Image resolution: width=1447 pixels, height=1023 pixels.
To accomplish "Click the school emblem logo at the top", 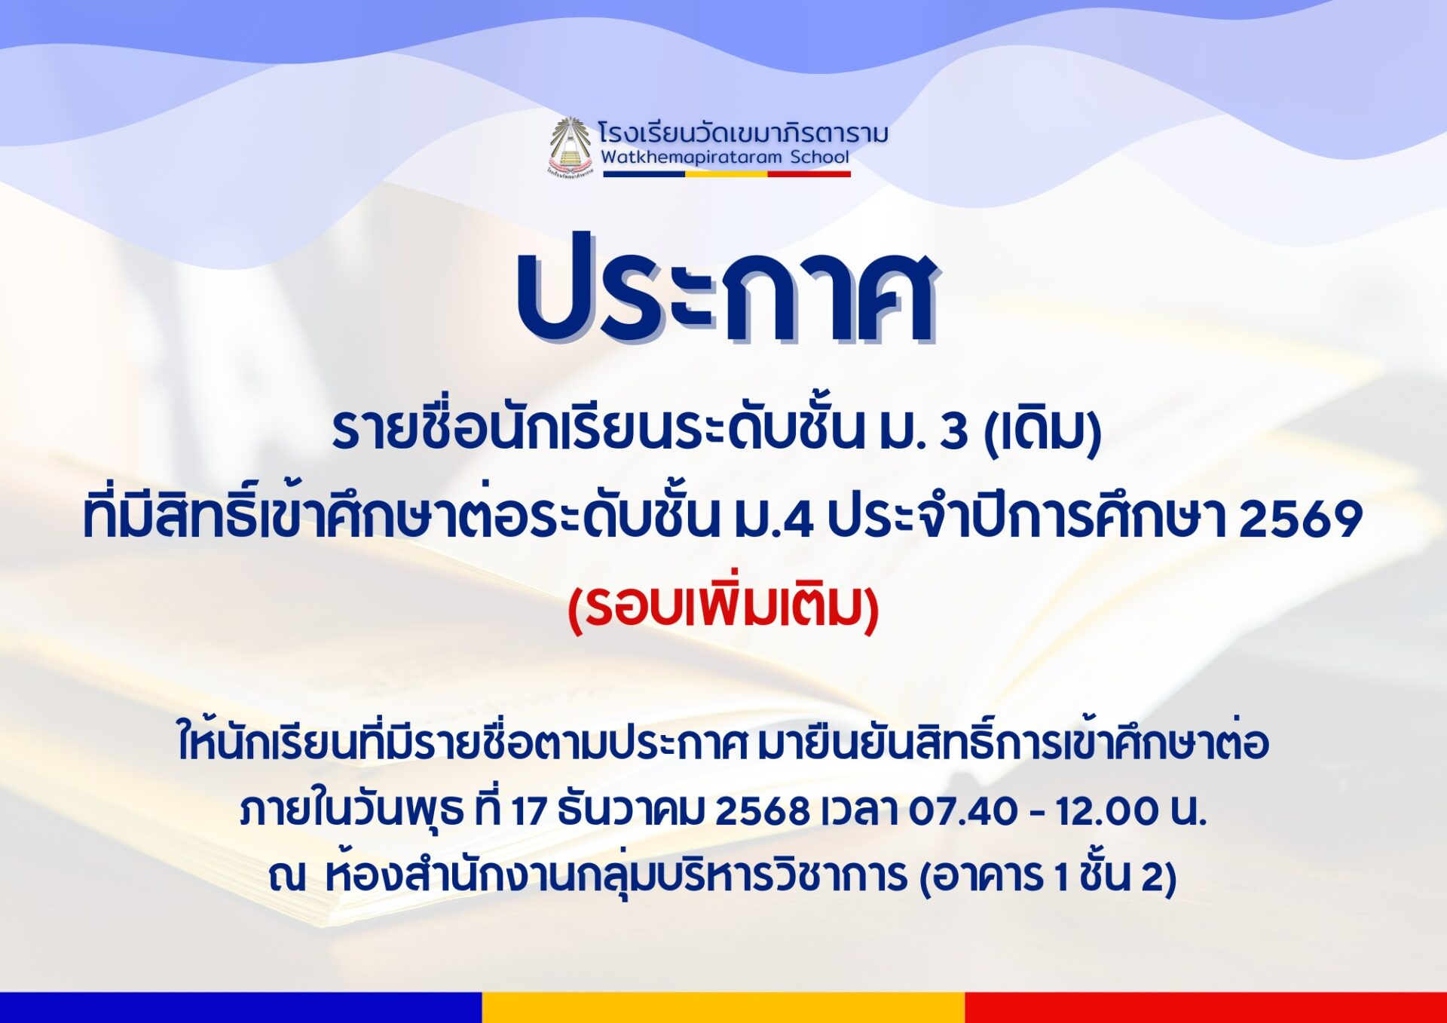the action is (570, 147).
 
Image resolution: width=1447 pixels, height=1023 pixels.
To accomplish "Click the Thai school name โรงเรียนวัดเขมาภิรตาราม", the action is (743, 133).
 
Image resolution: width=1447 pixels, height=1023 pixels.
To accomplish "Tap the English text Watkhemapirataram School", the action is (725, 158).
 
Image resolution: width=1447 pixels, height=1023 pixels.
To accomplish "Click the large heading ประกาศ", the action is (726, 289).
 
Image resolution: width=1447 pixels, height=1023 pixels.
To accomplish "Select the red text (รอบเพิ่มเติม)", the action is (723, 607).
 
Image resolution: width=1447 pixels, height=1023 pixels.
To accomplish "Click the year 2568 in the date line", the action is (761, 811).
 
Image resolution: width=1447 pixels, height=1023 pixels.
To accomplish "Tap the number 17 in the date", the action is (529, 811).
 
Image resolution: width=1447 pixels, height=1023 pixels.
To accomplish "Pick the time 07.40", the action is (953, 811).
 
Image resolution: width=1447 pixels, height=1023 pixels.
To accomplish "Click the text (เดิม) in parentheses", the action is (1043, 430).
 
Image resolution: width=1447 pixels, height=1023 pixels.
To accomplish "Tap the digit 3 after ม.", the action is (954, 431).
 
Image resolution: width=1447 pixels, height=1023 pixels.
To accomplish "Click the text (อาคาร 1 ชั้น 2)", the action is (1048, 877).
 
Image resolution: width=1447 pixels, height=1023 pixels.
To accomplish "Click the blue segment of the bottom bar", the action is (241, 1008).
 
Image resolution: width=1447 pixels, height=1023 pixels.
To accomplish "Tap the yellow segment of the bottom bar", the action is (723, 1008).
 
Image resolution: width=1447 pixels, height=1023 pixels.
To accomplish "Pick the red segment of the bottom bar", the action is (1206, 1008).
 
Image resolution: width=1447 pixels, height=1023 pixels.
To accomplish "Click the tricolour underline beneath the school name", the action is (727, 174).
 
